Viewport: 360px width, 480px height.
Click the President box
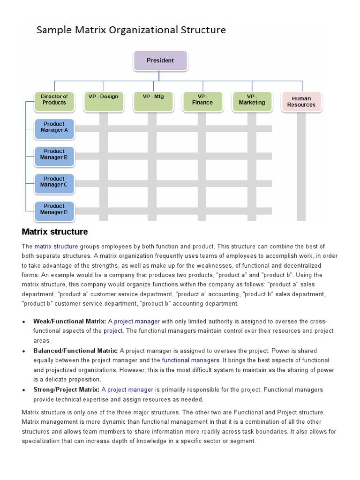160,60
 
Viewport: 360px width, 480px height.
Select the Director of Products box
54,102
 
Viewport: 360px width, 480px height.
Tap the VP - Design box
104,102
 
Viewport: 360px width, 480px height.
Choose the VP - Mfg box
153,102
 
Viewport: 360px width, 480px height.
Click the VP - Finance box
202,102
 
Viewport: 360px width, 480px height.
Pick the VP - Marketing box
252,102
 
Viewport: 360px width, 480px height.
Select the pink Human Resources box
301,102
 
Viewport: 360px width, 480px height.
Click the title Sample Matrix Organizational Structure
131,30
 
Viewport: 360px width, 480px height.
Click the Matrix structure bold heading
55,232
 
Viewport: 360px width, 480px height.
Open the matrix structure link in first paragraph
56,246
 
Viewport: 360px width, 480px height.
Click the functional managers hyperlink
191,360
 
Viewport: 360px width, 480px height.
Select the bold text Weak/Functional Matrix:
70,321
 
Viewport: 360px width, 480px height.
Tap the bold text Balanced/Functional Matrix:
75,351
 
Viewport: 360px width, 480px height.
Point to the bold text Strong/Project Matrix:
69,390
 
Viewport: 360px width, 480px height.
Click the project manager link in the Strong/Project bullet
130,390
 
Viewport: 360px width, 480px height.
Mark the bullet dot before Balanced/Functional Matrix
24,351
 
